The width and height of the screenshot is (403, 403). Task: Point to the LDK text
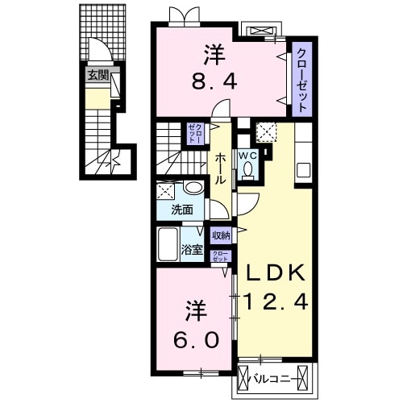[276, 274]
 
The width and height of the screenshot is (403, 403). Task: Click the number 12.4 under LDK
[276, 303]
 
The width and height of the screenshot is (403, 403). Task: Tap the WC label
[247, 155]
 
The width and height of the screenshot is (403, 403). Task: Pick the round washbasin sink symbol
[193, 189]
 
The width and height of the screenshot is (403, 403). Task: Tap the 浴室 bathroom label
[191, 249]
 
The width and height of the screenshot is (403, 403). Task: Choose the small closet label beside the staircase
[194, 133]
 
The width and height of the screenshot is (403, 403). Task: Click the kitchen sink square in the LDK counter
[304, 171]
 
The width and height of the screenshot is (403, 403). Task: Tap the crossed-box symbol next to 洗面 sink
[167, 191]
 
